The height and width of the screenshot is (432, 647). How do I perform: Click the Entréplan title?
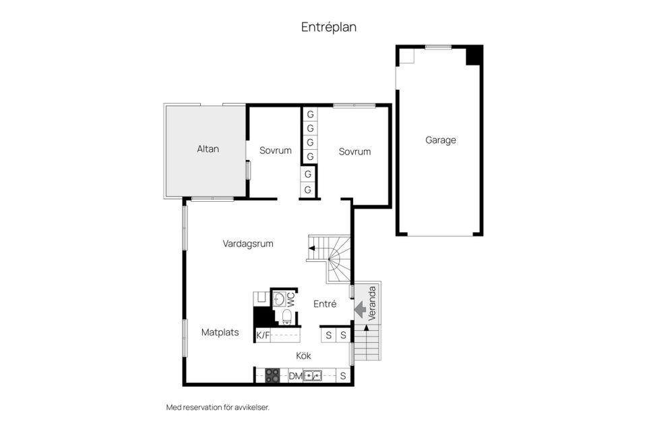pos(328,27)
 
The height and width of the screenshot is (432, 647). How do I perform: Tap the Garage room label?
pos(440,140)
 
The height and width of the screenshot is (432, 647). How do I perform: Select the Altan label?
pos(208,148)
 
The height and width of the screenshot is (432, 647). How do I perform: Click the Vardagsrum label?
pos(248,244)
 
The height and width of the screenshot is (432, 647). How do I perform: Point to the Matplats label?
pos(220,332)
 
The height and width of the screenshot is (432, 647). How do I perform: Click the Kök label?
pos(303,356)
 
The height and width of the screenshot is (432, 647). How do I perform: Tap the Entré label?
pos(325,304)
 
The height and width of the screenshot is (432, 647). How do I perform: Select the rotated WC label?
pos(291,299)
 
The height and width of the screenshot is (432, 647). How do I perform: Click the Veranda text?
pos(372,304)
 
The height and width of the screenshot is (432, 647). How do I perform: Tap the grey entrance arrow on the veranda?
pos(360,310)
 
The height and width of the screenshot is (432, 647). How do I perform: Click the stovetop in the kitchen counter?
pos(272,375)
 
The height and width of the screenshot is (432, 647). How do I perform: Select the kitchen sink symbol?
pos(312,376)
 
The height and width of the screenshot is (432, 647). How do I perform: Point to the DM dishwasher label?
pos(295,376)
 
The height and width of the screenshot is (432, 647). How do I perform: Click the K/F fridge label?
pos(263,335)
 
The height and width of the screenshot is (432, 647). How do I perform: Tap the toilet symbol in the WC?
pos(287,317)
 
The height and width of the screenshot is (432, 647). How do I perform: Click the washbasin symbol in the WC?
pos(279,299)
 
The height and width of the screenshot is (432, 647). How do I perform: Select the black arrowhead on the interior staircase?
pos(311,248)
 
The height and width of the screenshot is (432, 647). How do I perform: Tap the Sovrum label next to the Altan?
pos(275,151)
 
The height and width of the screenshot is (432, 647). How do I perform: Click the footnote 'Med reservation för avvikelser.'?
pos(218,408)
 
